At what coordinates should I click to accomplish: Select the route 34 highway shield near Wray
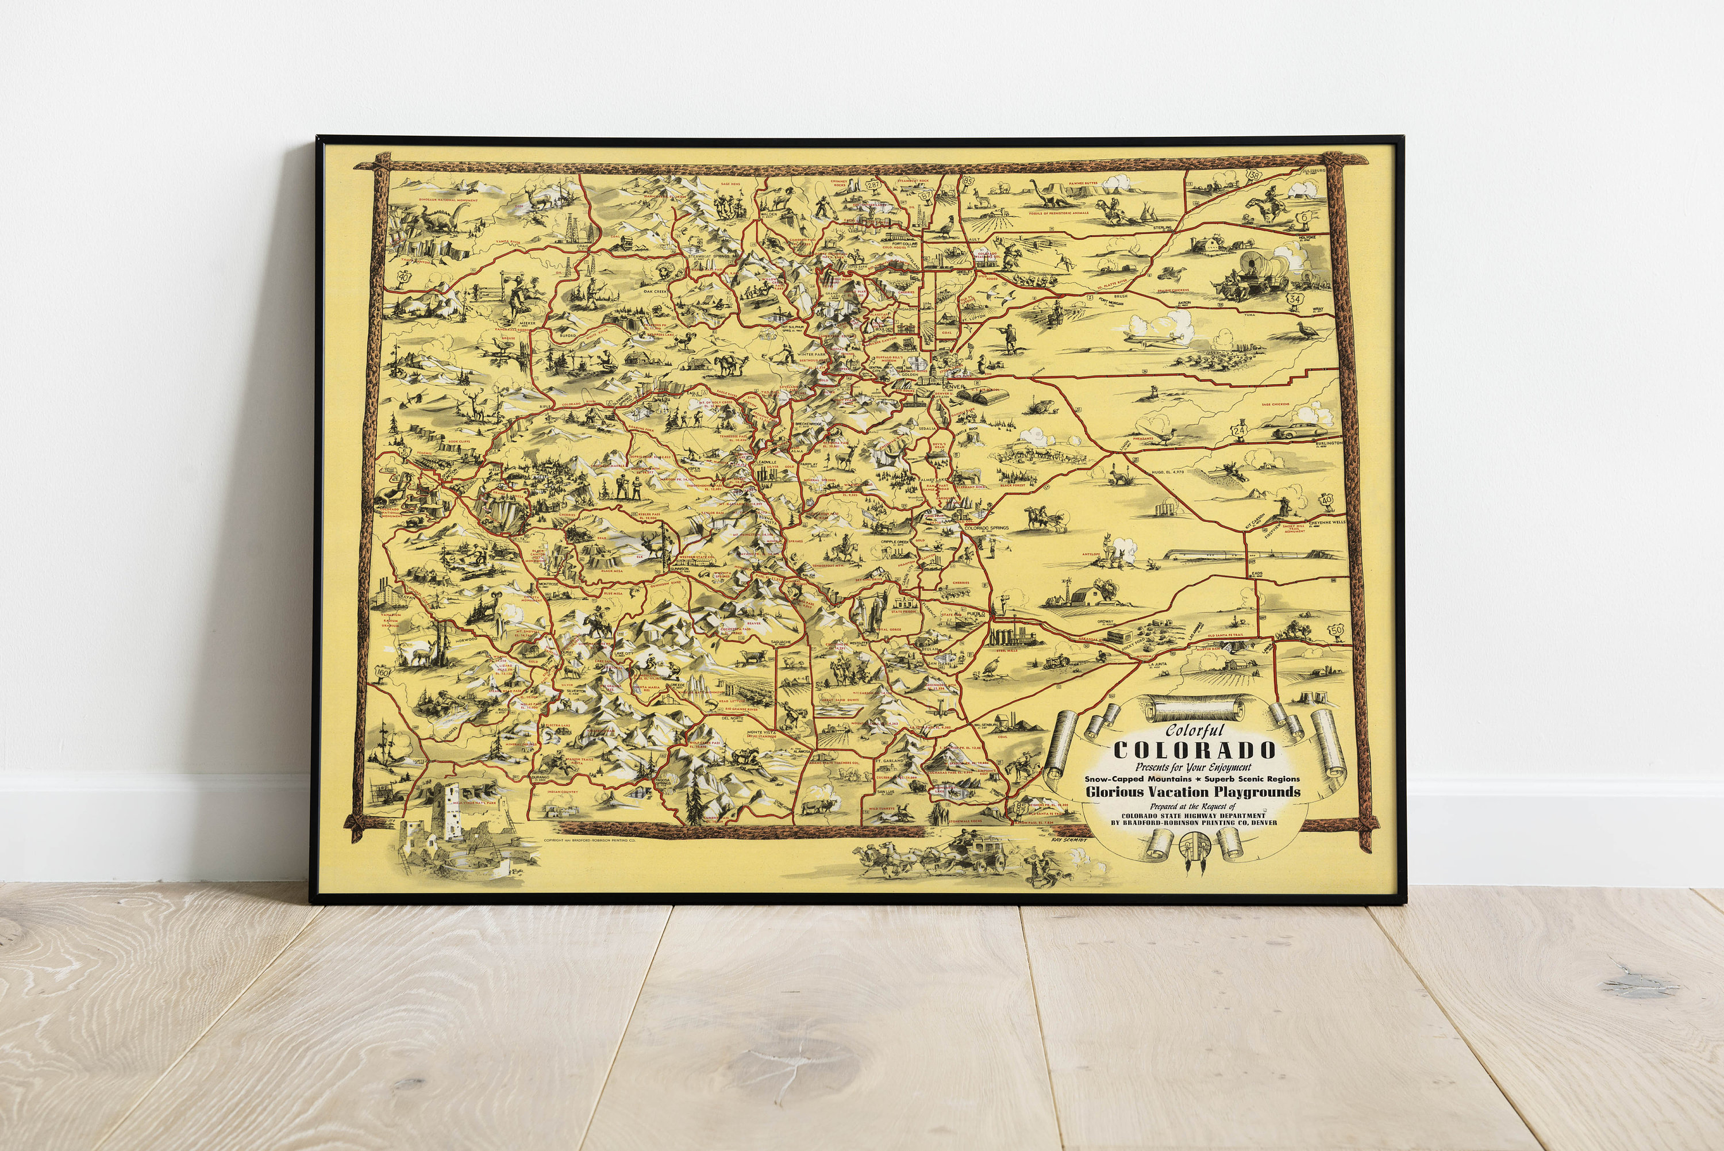click(1295, 299)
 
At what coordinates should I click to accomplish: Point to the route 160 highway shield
click(382, 672)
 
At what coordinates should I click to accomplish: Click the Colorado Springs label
click(986, 528)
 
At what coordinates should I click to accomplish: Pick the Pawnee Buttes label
click(1083, 183)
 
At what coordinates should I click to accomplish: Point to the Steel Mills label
click(1006, 649)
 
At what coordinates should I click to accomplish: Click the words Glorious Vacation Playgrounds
click(1193, 792)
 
